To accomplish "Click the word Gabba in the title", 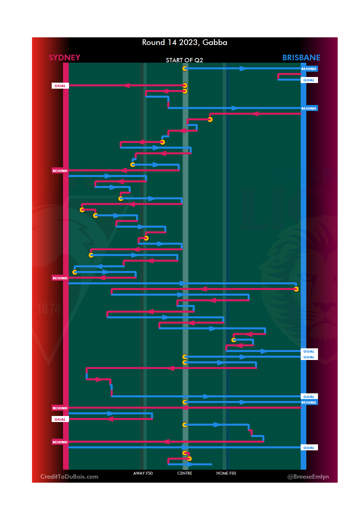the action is tap(215, 43).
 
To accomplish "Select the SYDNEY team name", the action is tap(64, 58).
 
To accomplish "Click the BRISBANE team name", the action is tap(301, 58).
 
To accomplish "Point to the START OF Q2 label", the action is tap(184, 60).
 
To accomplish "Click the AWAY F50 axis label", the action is tap(143, 473).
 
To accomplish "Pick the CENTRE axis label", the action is tap(185, 473).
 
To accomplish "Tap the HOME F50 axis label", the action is tap(226, 473).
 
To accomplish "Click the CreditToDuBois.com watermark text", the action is tap(69, 477).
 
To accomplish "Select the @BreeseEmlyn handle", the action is tap(308, 477).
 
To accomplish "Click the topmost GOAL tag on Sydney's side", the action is tap(60, 86).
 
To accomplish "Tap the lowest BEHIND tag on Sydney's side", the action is tap(60, 442).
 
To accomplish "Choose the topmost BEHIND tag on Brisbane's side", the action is tap(309, 69).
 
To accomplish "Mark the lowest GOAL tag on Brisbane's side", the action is tap(309, 448).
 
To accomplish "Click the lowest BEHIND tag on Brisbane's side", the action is tap(309, 402).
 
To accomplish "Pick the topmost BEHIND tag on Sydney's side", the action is tap(60, 171).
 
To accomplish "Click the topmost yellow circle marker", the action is tap(185, 69).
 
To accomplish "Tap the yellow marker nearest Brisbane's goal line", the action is tap(296, 289).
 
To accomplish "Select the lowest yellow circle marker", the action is tap(189, 459).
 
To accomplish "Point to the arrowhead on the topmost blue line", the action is tap(243, 69).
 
